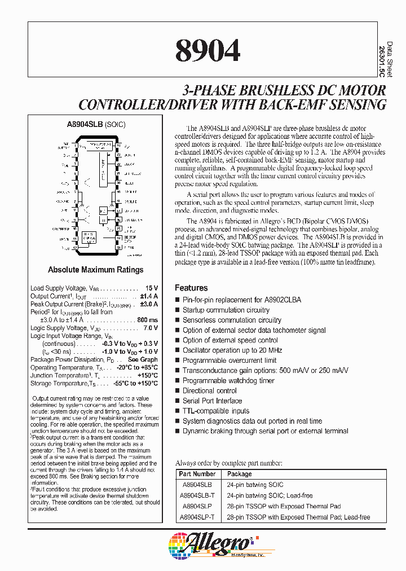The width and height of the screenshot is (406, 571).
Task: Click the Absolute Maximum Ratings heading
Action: point(95,270)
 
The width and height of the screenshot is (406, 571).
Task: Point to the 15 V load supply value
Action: point(152,288)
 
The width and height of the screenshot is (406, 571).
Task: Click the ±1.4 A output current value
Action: point(149,296)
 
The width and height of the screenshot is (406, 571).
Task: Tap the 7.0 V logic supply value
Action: point(149,328)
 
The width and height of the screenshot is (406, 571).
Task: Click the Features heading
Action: point(191,288)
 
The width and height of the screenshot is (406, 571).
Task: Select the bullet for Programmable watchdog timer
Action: point(178,381)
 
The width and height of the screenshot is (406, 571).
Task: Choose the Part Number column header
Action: point(197,474)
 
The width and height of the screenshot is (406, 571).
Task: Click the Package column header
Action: point(240,474)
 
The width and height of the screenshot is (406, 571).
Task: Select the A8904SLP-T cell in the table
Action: point(197,517)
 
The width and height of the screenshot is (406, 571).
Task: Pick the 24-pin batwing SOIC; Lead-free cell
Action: point(270,495)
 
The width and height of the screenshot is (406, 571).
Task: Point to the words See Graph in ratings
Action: point(143,359)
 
